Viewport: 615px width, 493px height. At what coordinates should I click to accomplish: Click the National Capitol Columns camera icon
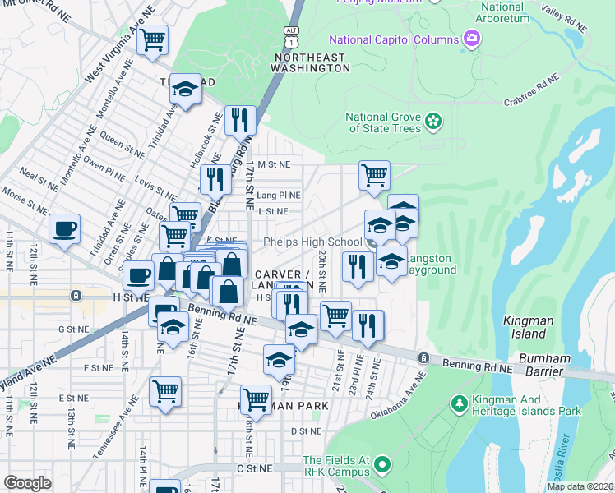pyautogui.click(x=471, y=39)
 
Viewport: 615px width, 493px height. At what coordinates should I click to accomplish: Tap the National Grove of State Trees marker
pyautogui.click(x=433, y=123)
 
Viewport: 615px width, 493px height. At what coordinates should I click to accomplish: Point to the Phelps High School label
pyautogui.click(x=312, y=242)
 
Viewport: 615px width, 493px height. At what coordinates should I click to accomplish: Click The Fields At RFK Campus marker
pyautogui.click(x=381, y=466)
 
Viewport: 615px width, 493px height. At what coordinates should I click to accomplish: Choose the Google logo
pyautogui.click(x=28, y=482)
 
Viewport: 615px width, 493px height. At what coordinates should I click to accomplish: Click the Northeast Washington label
pyautogui.click(x=312, y=62)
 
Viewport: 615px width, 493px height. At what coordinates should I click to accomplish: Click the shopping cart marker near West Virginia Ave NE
pyautogui.click(x=153, y=39)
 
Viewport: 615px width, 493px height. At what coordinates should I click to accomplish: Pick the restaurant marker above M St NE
pyautogui.click(x=239, y=120)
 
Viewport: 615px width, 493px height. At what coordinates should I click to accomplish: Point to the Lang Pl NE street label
pyautogui.click(x=278, y=196)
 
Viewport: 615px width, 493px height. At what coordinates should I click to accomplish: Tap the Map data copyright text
pyautogui.click(x=580, y=486)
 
